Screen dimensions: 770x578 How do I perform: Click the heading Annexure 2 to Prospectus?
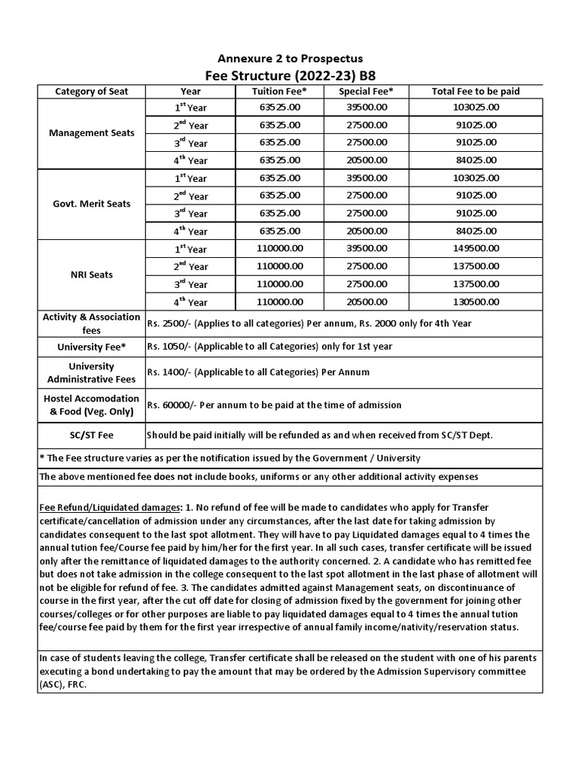[290, 58]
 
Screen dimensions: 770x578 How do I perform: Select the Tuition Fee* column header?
[278, 91]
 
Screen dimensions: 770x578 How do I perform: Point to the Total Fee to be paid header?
[476, 91]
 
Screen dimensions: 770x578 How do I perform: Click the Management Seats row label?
[92, 133]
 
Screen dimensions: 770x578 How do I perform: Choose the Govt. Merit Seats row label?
[92, 204]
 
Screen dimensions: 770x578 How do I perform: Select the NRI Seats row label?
[92, 274]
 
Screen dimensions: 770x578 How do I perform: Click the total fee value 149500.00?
[476, 248]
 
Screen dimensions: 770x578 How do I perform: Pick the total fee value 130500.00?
[476, 302]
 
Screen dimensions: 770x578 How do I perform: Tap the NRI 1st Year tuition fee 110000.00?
[278, 248]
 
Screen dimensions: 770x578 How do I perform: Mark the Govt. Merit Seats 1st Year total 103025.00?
[476, 177]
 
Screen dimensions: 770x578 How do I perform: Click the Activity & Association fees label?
[92, 323]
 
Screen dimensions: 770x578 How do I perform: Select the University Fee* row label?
[92, 347]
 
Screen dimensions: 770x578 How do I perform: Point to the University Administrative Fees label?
[92, 373]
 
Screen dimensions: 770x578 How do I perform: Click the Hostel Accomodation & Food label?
[92, 405]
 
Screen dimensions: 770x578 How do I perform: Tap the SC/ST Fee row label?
[92, 435]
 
